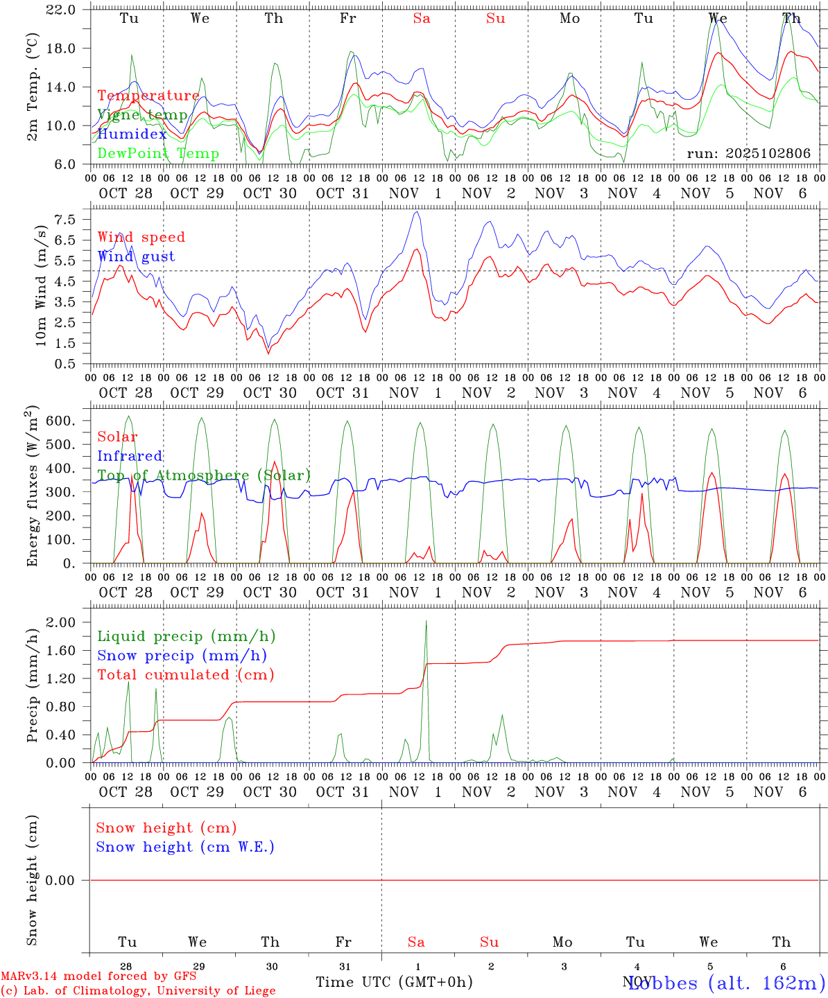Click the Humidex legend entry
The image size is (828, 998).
coord(132,134)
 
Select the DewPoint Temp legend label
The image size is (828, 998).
coord(158,153)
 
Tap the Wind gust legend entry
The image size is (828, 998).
coord(136,256)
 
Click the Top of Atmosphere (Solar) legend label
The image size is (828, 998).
coord(203,475)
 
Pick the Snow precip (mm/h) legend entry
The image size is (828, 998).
coord(182,656)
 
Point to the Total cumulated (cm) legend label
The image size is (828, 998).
coord(185,674)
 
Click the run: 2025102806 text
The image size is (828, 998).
coord(748,153)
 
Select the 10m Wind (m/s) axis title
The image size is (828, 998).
coord(42,286)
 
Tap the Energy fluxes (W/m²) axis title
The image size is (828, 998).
coord(32,487)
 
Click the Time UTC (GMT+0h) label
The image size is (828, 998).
coord(394,982)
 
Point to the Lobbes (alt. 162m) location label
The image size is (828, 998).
coord(726,982)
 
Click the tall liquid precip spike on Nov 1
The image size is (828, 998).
coord(426,622)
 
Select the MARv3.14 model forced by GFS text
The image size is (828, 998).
coord(98,976)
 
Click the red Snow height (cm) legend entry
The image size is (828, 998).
coord(166,828)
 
